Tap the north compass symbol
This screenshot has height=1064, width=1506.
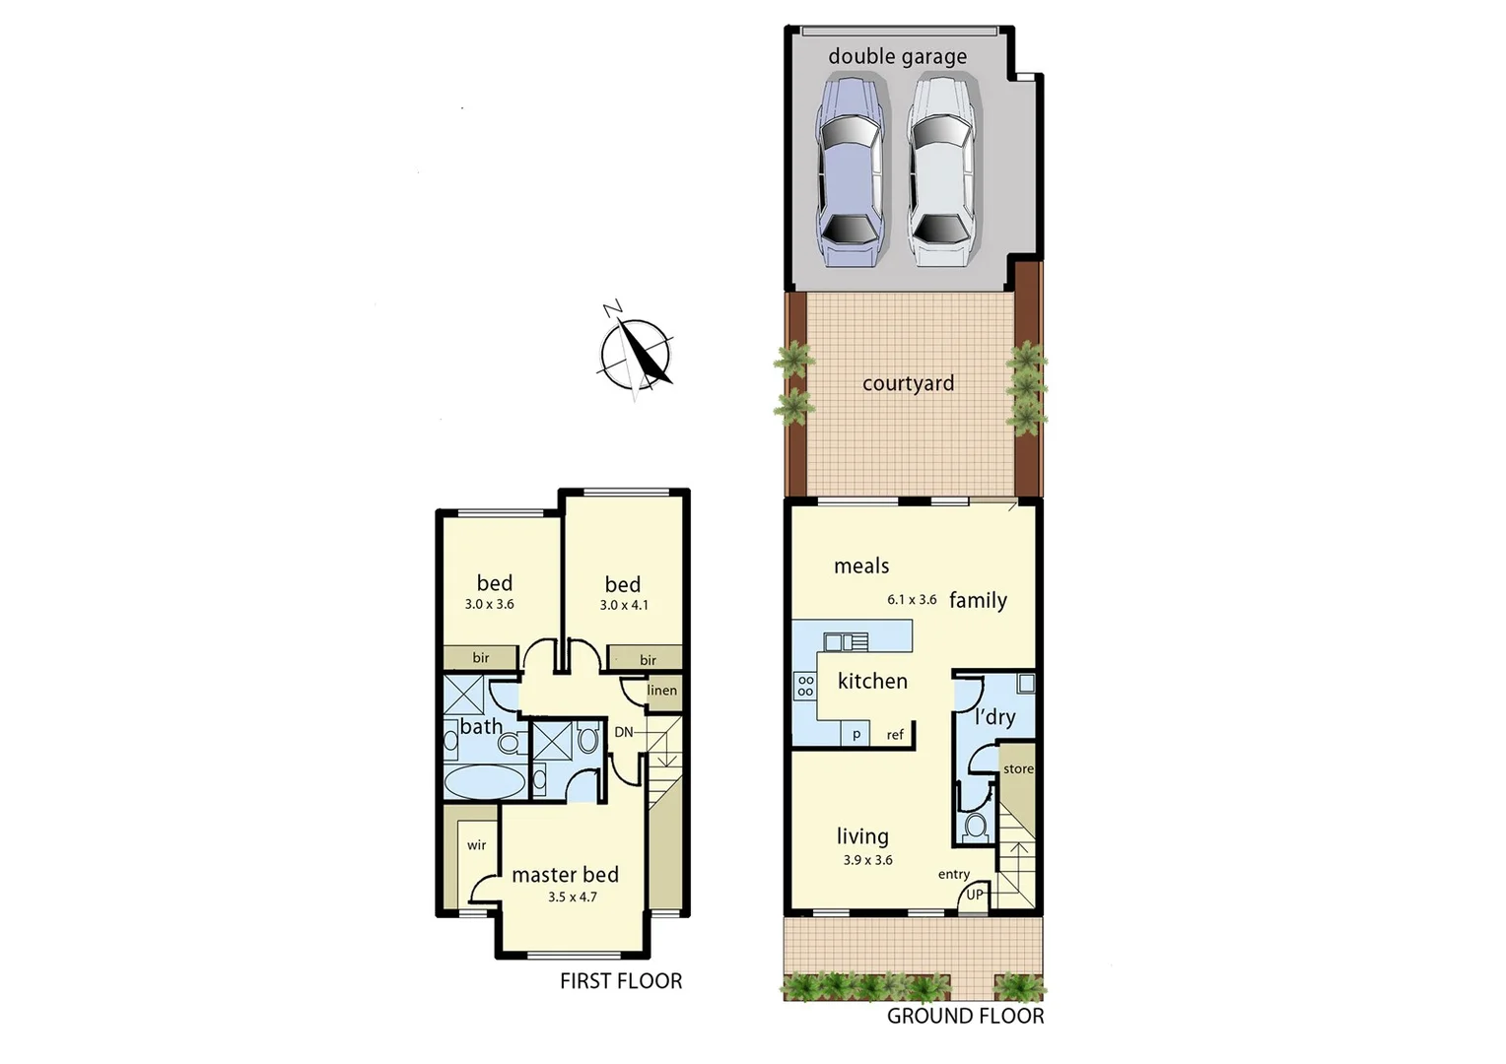[x=637, y=352]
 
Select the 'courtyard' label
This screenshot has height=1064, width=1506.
[x=908, y=383]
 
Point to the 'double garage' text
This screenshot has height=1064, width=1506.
[x=897, y=56]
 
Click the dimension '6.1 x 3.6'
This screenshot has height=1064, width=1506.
[x=912, y=599]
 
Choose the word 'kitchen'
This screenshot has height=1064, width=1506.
[x=872, y=681]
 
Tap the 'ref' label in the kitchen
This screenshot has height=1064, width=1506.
[x=895, y=735]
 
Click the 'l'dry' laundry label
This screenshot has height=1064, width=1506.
[x=994, y=717]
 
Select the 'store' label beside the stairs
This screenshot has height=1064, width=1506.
[x=1018, y=769]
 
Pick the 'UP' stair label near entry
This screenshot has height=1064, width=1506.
[x=975, y=895]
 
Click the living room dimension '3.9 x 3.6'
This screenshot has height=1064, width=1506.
[x=867, y=860]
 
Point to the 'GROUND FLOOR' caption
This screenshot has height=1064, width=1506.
[x=965, y=1016]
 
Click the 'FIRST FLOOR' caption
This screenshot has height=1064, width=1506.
[x=621, y=980]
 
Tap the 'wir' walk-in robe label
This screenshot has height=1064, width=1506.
[x=477, y=845]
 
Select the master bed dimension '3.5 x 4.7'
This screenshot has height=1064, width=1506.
[x=573, y=898]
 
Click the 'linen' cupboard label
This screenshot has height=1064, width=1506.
[x=662, y=691]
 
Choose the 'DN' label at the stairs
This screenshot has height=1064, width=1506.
[x=624, y=732]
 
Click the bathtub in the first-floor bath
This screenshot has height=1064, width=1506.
[x=485, y=783]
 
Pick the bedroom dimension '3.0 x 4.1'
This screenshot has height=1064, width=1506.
[x=624, y=605]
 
